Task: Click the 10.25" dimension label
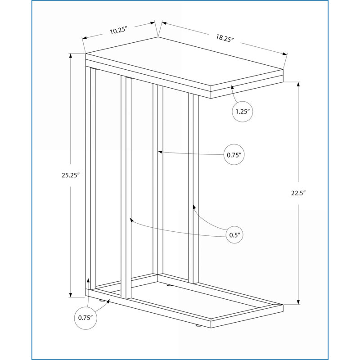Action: point(118,30)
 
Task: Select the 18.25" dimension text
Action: point(225,38)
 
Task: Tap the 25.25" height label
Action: point(71,175)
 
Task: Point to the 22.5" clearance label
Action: point(298,193)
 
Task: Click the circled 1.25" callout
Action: point(243,112)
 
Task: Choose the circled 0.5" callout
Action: point(234,235)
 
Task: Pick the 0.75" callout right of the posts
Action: point(234,155)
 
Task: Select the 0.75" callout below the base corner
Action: point(85,318)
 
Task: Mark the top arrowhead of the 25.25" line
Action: point(71,55)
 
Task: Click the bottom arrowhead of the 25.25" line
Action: point(71,295)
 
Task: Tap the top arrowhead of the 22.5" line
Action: point(298,84)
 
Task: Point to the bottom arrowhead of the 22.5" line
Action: point(298,302)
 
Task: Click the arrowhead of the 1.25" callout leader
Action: point(232,87)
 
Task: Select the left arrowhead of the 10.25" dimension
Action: point(85,38)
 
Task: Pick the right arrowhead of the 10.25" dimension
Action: point(153,23)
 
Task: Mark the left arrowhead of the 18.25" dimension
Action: point(164,23)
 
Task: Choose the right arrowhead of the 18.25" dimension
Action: point(285,54)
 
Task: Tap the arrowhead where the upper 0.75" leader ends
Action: point(160,152)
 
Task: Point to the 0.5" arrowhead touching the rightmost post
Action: point(194,207)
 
